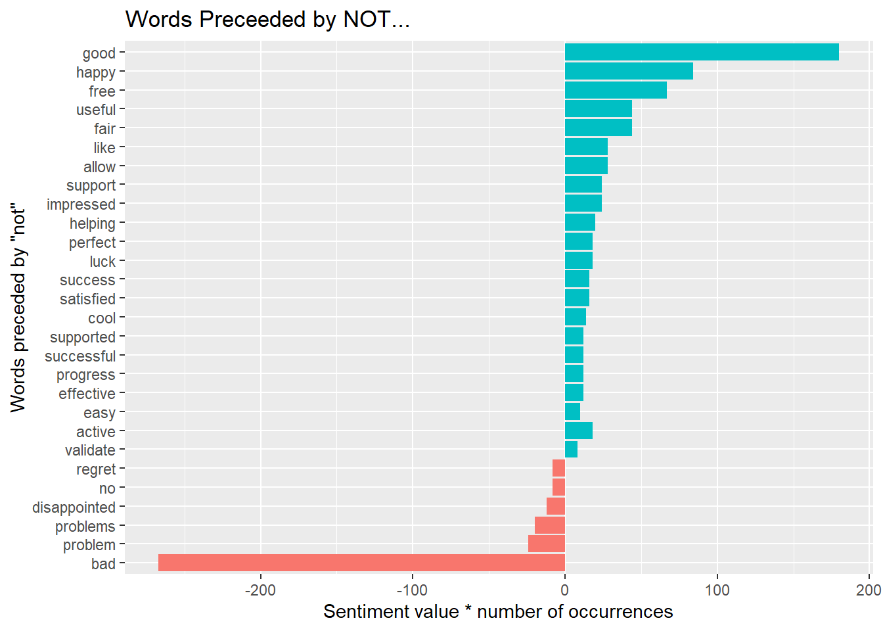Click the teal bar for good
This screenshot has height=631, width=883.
(702, 52)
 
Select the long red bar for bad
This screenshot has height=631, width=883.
(361, 563)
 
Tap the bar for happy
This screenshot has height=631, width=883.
(629, 71)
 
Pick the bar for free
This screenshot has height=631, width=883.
(616, 90)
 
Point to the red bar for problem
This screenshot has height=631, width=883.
(547, 544)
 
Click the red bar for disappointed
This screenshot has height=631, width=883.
(555, 506)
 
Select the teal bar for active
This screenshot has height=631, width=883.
(579, 431)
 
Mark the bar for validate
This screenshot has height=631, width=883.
(571, 449)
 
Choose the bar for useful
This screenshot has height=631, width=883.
(599, 108)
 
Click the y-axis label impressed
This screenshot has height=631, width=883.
(81, 204)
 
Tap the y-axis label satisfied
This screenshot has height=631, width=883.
(87, 299)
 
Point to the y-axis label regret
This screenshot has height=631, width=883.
(96, 470)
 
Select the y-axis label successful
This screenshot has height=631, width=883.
(80, 356)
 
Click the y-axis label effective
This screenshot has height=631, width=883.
(87, 394)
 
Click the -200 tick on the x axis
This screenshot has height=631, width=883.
(260, 590)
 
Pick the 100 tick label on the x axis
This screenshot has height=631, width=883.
(717, 590)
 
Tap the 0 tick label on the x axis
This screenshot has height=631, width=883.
(565, 590)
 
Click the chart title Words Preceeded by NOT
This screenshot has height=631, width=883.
(267, 19)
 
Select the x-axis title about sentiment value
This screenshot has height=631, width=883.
(498, 612)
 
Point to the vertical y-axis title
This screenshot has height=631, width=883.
(18, 308)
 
